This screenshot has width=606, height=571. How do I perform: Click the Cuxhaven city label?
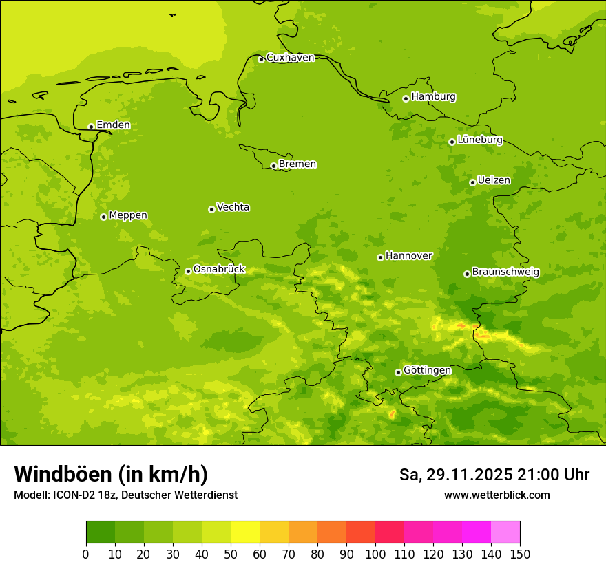(290, 58)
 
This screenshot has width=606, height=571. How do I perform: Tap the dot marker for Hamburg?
(406, 98)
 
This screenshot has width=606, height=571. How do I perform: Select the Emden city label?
(113, 125)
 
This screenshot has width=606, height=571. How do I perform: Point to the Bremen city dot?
(273, 166)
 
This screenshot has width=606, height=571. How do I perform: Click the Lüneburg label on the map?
(479, 140)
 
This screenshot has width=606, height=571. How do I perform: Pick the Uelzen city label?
(494, 181)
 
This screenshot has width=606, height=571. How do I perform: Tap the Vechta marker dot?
(211, 209)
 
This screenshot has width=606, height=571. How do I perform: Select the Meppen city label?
(128, 215)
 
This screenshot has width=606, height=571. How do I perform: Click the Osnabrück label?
(219, 270)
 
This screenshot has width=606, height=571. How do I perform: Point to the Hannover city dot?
(380, 257)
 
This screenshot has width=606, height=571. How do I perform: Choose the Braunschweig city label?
(505, 272)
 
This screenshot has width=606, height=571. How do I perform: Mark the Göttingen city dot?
(398, 372)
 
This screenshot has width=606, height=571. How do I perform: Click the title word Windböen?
(63, 474)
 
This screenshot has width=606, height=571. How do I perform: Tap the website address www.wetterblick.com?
(497, 495)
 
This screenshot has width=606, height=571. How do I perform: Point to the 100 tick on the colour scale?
(375, 554)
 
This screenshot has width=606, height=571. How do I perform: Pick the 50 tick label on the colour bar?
(231, 554)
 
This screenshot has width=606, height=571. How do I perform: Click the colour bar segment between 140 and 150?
(505, 532)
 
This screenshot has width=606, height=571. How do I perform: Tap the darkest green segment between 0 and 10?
(101, 532)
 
